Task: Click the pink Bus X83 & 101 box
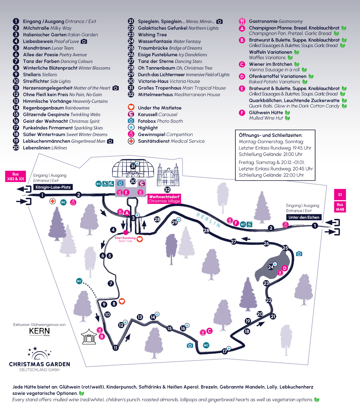click(16, 176)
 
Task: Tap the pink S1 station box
click(340, 195)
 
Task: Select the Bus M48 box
click(340, 207)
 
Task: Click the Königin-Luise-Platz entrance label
click(53, 187)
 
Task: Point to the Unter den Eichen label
click(304, 217)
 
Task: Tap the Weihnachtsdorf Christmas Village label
click(164, 199)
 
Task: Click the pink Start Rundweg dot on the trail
click(126, 233)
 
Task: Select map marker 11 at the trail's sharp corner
click(116, 348)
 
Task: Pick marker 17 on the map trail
click(225, 351)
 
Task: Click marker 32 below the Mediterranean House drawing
click(167, 189)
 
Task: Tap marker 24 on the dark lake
click(271, 267)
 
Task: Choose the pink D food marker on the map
click(285, 268)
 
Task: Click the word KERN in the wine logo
click(39, 331)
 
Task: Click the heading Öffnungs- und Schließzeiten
click(270, 135)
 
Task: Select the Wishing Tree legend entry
click(152, 35)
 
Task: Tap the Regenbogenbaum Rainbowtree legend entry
click(56, 108)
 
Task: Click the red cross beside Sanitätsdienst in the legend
click(131, 141)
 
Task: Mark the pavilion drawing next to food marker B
click(89, 336)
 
